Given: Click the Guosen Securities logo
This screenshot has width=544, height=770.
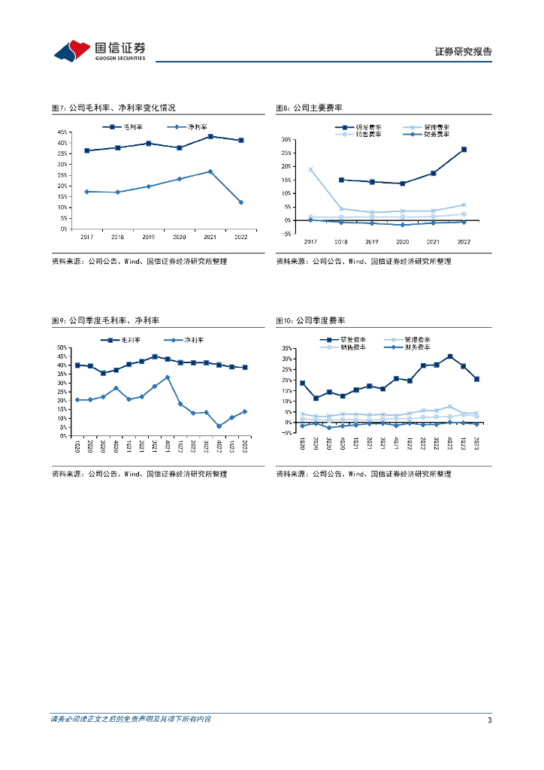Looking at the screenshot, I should coord(100,50).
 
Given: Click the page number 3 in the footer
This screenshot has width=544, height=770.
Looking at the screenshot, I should coord(489,720).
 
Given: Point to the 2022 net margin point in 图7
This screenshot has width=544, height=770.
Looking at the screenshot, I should coord(240,202).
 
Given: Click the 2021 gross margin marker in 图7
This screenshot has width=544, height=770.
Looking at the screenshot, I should coord(210,136).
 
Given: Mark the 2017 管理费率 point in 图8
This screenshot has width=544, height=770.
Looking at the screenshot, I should coord(310,170).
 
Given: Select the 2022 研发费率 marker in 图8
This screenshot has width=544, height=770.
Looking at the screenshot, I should coord(464,150).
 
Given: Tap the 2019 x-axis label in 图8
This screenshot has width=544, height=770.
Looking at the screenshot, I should coord(371,242).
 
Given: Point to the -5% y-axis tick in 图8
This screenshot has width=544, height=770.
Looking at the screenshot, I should coord(286,234).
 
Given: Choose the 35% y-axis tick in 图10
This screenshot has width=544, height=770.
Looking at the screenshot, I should coord(288,349).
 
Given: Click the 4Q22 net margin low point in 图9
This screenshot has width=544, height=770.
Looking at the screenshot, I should coord(219,426).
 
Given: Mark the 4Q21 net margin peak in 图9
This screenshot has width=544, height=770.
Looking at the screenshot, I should coord(167,377).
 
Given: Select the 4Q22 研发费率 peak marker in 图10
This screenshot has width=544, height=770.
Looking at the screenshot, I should coord(450,356).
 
